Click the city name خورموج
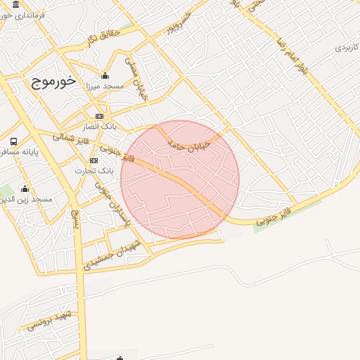(x=53, y=81)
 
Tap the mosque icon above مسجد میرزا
(x=105, y=76)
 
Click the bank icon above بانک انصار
(x=99, y=116)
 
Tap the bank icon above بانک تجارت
(x=94, y=160)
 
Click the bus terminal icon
(x=13, y=141)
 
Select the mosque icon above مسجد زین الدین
(x=25, y=188)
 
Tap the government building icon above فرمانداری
(x=15, y=4)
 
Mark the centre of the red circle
(x=180, y=180)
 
